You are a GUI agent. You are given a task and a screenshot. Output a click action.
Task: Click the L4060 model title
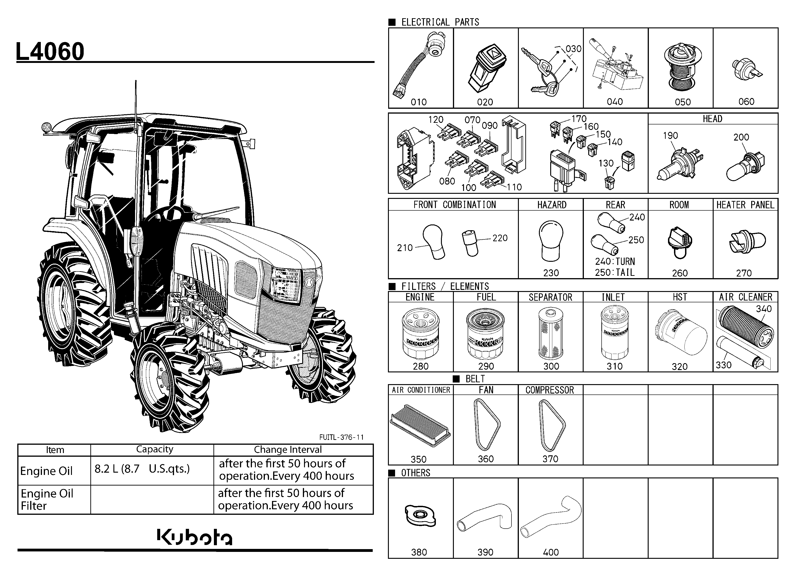(50, 51)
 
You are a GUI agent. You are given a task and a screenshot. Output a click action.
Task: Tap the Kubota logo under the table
(195, 537)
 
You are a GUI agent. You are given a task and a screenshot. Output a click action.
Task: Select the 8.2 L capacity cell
(142, 468)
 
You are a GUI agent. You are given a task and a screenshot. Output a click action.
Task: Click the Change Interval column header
(288, 450)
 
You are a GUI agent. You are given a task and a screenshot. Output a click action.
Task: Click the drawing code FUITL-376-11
(341, 437)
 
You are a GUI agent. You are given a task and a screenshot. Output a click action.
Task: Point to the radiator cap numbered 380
(420, 515)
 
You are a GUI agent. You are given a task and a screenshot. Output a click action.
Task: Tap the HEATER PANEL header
(745, 205)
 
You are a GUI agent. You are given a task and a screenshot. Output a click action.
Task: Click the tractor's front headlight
(286, 283)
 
